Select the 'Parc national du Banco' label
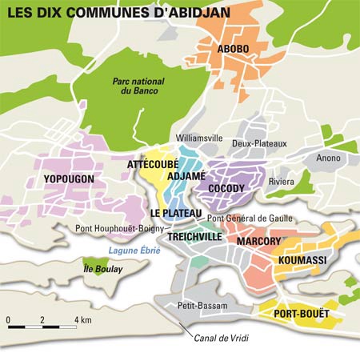coord(134,85)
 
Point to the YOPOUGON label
coord(70,178)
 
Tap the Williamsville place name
coord(198,138)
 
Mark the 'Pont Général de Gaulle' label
coord(250,218)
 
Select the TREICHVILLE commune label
coord(192,238)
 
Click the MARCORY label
coord(258,241)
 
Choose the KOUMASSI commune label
coord(300,261)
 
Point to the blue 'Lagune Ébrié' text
coord(134,251)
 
